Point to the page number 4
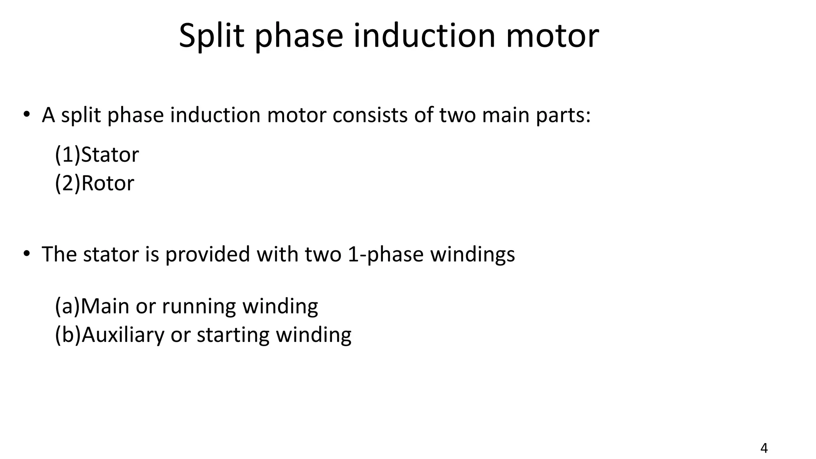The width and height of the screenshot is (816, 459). coord(764,448)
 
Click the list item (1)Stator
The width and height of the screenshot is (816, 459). coord(97,155)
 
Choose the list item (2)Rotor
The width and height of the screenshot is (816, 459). coord(94,183)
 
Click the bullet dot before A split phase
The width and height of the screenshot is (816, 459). coord(26,114)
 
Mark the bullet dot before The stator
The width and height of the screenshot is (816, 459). coord(26,253)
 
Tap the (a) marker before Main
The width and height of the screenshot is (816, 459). coord(67,306)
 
